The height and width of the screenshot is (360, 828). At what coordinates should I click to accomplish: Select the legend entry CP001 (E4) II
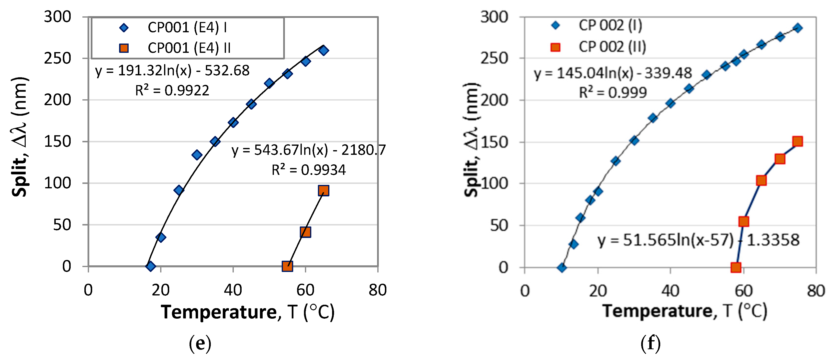click(189, 48)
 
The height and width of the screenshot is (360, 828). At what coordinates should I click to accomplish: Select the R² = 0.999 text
click(613, 93)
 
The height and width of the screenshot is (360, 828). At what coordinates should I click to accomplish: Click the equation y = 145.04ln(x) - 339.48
click(613, 73)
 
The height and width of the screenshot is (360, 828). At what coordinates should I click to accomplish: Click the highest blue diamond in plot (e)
click(324, 50)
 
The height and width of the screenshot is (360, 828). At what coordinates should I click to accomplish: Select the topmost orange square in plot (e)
click(323, 191)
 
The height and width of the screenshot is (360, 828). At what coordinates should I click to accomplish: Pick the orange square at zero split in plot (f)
click(736, 267)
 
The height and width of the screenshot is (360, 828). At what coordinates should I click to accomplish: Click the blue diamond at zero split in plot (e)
click(150, 266)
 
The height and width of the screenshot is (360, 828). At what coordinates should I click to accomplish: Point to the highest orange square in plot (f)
click(797, 141)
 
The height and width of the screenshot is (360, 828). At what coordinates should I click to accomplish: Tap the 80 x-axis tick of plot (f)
click(816, 291)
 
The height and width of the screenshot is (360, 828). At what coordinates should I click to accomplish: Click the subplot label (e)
click(200, 343)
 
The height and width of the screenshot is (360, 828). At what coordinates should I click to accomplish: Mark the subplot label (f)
click(650, 343)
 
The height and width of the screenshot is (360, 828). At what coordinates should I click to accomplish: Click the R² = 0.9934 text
click(308, 170)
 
